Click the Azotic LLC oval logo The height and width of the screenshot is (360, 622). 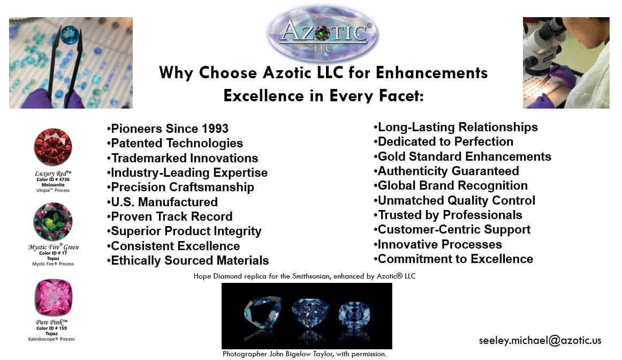point(323,34)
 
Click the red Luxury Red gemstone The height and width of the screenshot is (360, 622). point(53,147)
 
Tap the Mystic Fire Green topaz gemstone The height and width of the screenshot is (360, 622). point(53,221)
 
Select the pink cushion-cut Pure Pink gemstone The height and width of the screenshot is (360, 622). point(53,297)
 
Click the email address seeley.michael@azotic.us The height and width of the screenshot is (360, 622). point(540,341)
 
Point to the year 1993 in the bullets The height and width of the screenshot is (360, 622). point(215,129)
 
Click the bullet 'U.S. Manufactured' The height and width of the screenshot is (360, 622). point(162,202)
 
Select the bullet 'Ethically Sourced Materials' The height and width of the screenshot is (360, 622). point(188,260)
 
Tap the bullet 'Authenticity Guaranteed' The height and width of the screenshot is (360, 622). point(446,171)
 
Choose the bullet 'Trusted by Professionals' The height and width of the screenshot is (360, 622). point(448,215)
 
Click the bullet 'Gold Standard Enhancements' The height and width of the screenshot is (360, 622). point(462,156)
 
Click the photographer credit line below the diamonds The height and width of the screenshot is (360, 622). point(304,354)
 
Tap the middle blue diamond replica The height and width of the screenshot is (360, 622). point(310,313)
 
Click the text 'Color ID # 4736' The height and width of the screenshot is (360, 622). point(53,179)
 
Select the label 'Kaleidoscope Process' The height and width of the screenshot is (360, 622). point(51,339)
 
